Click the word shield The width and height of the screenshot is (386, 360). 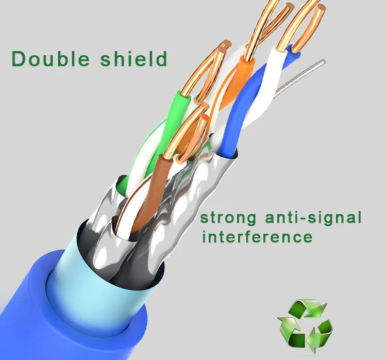[x=133, y=58]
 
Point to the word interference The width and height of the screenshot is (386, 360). [x=257, y=237]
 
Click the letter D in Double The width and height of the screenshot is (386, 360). [x=19, y=58]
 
